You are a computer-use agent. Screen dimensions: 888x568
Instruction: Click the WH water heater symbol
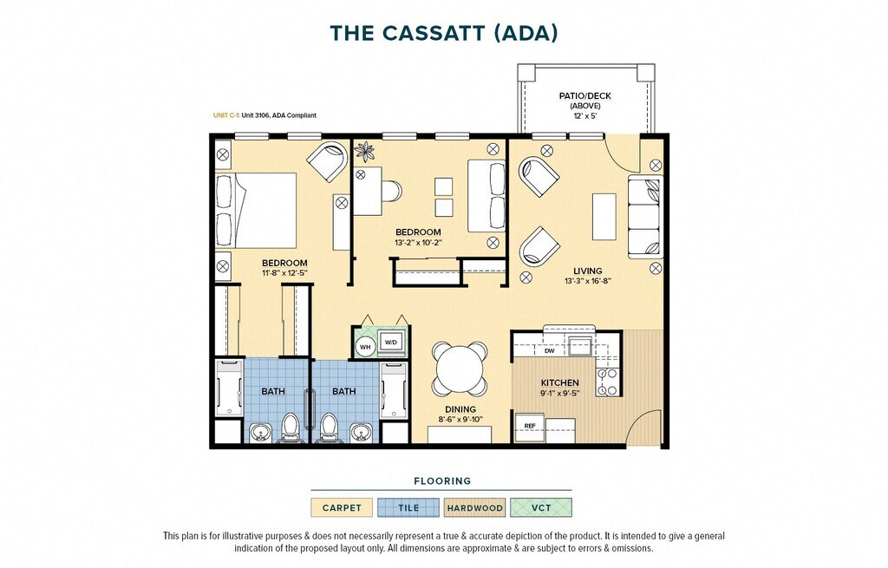pos(365,347)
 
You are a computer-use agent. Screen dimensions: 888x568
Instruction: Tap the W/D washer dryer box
pos(391,343)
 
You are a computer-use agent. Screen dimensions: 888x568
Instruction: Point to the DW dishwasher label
pos(549,351)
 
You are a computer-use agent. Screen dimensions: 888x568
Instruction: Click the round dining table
pos(460,369)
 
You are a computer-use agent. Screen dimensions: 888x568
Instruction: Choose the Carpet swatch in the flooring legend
pos(342,507)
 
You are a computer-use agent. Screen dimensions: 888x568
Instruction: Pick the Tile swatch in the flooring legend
pos(408,507)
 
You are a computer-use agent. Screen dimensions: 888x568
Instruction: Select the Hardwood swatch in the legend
pos(474,507)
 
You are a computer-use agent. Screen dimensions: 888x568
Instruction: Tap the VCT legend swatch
pos(541,507)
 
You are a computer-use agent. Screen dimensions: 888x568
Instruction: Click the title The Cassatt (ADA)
pos(444,33)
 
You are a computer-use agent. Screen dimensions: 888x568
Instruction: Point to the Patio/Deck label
pos(585,96)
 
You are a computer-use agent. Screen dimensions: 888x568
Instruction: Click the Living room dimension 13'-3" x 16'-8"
pos(587,281)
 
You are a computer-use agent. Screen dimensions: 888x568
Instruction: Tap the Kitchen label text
pos(559,382)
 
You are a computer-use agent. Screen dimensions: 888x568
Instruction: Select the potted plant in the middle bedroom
pos(364,151)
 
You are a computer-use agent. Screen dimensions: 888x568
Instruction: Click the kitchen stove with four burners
pos(608,382)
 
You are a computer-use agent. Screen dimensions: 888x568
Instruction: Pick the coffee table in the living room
pos(604,217)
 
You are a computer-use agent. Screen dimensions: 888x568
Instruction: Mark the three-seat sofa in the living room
pos(644,217)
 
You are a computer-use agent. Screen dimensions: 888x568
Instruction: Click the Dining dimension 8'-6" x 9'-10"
pos(460,420)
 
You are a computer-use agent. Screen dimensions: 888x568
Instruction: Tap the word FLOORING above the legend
pos(442,480)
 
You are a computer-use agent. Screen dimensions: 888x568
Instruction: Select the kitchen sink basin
pos(580,345)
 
